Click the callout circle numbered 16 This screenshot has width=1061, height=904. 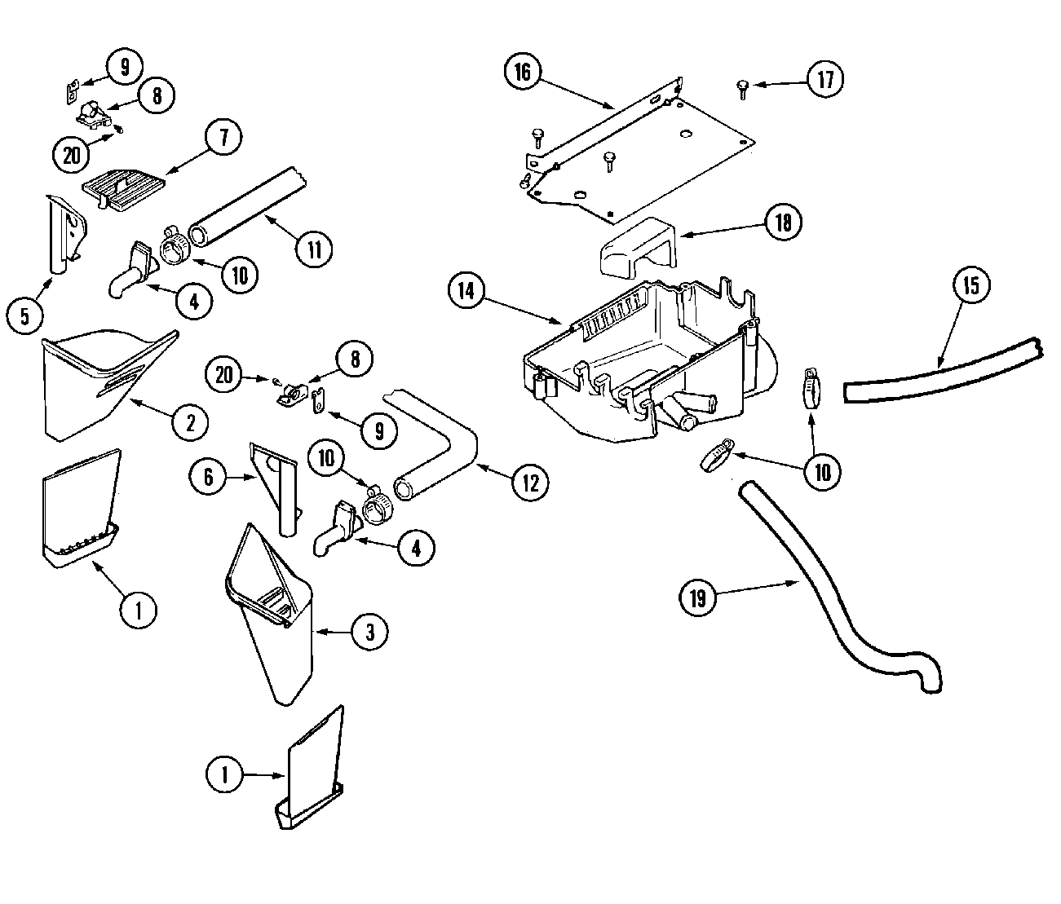(523, 73)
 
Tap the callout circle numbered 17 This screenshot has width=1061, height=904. (824, 79)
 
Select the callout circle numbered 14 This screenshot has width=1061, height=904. (466, 293)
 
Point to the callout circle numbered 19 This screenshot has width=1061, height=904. (698, 598)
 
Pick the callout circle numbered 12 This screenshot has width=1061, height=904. (530, 483)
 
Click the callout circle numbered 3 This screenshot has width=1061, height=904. (369, 631)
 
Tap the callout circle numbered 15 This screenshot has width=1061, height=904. (971, 285)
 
